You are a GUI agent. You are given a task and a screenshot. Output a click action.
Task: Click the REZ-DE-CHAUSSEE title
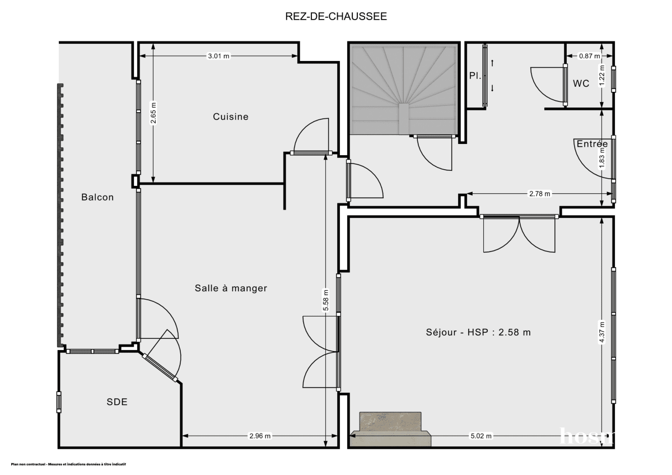(336, 16)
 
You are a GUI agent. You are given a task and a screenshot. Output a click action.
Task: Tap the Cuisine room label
(230, 117)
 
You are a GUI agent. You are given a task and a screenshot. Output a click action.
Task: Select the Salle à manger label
(231, 288)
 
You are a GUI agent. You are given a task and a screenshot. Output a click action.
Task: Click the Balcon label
(97, 197)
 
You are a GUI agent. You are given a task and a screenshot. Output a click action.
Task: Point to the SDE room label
(117, 402)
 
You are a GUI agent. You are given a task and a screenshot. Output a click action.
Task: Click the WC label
(581, 83)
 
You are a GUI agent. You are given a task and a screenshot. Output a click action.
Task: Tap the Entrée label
(592, 144)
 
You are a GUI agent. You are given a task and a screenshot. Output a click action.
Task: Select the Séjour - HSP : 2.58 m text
(478, 332)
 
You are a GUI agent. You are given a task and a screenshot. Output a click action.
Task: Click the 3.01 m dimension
(218, 56)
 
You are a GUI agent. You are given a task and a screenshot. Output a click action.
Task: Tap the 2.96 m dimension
(260, 436)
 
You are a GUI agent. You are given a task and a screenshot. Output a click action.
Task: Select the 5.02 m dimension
(481, 436)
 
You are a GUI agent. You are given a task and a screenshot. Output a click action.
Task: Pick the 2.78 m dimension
(540, 194)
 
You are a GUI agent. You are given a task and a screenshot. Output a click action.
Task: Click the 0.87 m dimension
(589, 56)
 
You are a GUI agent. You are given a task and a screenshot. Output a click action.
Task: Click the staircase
(403, 90)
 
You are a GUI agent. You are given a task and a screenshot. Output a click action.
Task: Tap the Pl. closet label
(475, 76)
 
